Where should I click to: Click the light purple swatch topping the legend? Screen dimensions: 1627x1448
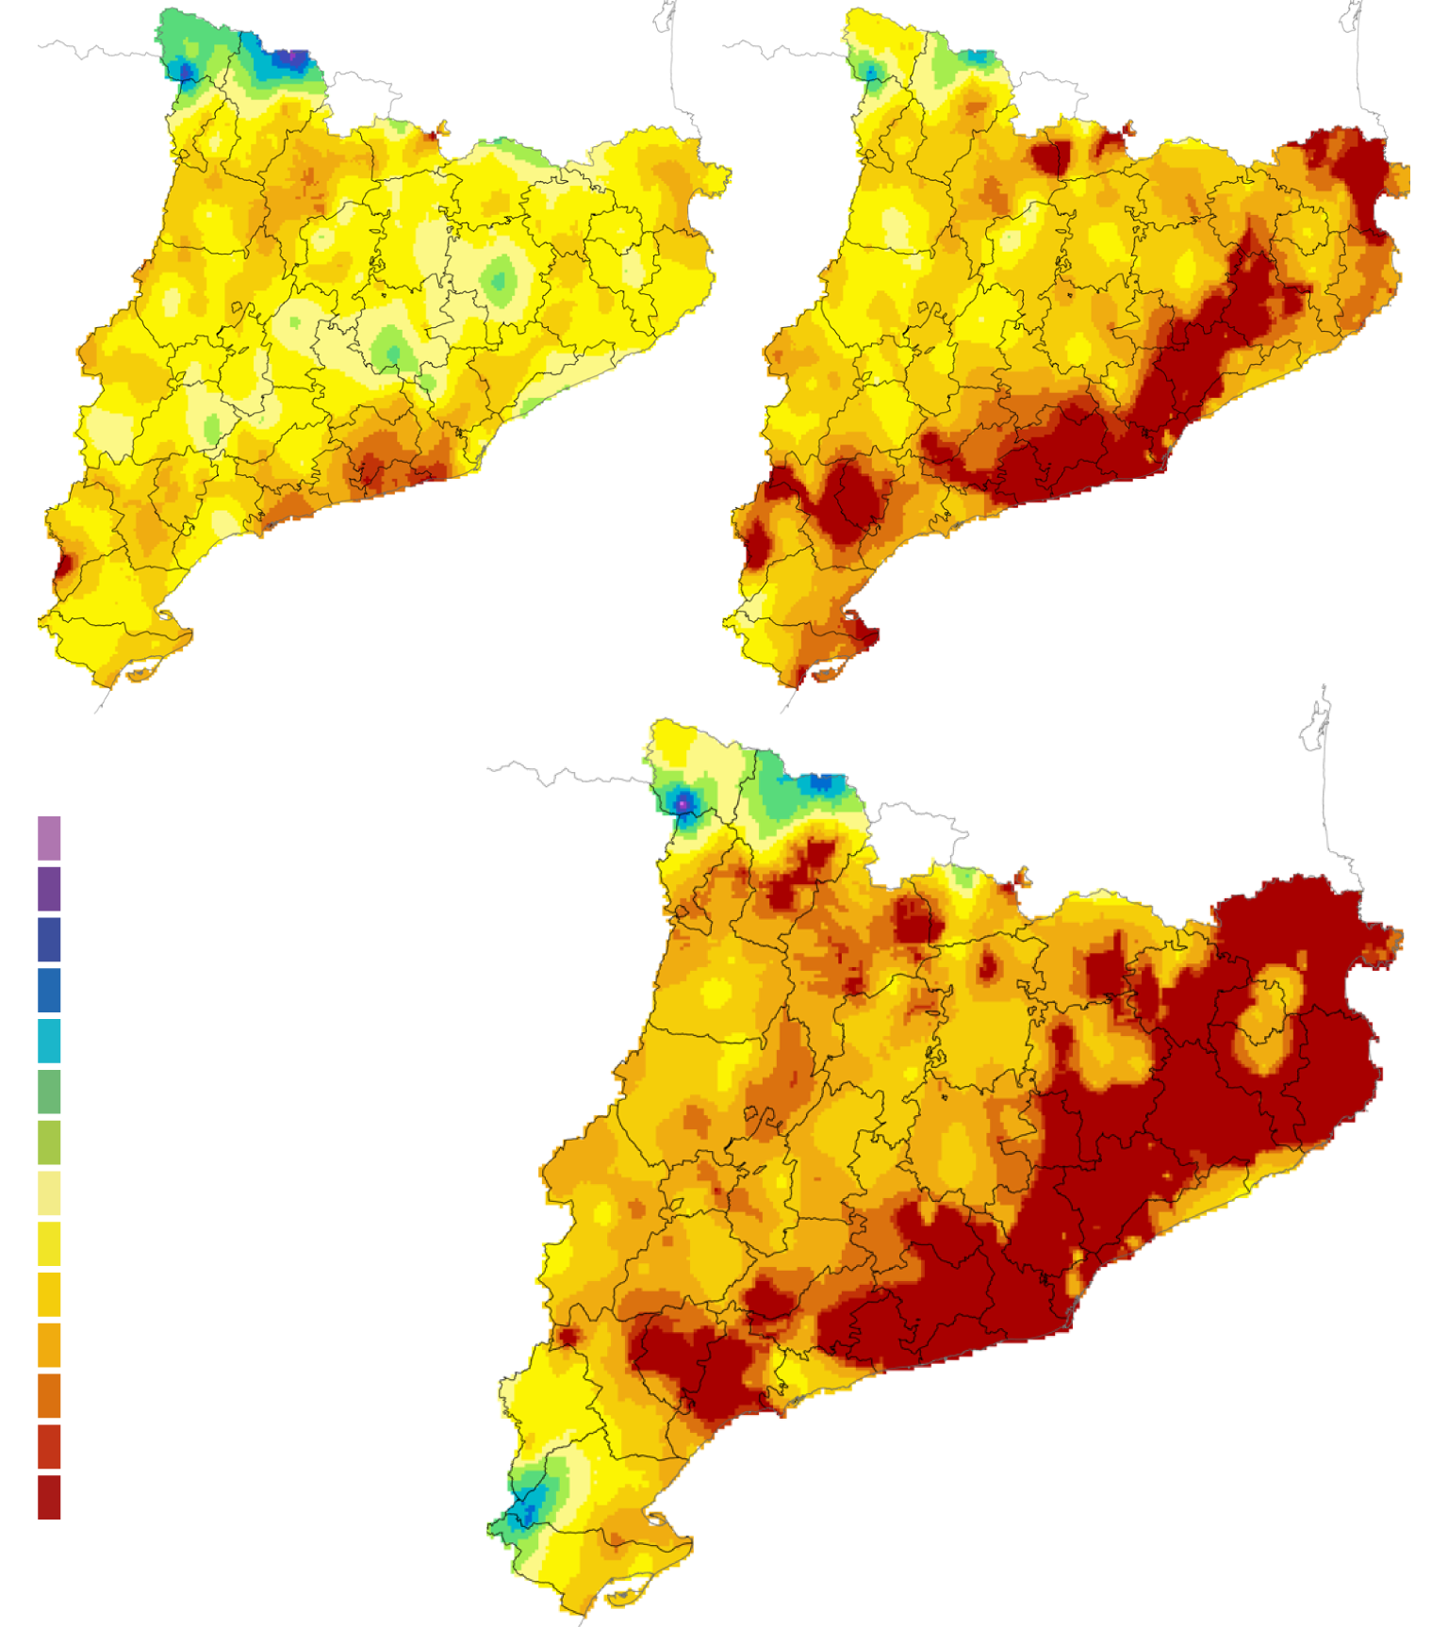(x=49, y=838)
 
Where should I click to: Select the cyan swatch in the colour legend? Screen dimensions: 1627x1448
(x=49, y=1041)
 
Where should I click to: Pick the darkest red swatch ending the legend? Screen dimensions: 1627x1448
(x=49, y=1497)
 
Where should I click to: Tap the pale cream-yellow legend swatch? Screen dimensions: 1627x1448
(x=49, y=1192)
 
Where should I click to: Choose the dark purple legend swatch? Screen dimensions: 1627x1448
(x=49, y=889)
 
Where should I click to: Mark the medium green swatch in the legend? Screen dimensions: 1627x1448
(x=49, y=1092)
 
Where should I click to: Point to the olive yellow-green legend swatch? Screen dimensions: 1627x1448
(x=49, y=1142)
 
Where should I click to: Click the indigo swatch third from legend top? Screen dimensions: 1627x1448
(x=49, y=940)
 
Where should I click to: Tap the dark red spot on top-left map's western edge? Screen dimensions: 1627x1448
(x=64, y=567)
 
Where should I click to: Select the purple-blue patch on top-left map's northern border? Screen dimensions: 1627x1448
(x=290, y=59)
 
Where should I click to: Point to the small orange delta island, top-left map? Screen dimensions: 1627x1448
(x=139, y=674)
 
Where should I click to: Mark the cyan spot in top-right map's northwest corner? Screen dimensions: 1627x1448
(x=868, y=71)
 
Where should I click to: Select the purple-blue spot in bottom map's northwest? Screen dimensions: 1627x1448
(x=683, y=803)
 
